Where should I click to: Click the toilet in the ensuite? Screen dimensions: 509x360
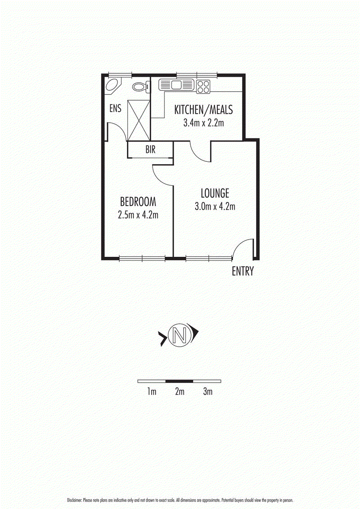pyautogui.click(x=140, y=87)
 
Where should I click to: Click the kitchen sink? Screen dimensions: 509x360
pyautogui.click(x=176, y=85)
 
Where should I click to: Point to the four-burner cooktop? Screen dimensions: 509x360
pyautogui.click(x=203, y=86)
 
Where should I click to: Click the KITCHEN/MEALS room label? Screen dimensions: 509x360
pyautogui.click(x=203, y=110)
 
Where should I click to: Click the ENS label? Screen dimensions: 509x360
pyautogui.click(x=116, y=109)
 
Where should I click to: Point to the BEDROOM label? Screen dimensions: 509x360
pyautogui.click(x=138, y=201)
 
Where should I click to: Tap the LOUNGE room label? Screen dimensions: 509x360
pyautogui.click(x=215, y=193)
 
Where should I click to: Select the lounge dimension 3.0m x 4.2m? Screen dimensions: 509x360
pyautogui.click(x=215, y=207)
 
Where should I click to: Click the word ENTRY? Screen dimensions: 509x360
pyautogui.click(x=243, y=272)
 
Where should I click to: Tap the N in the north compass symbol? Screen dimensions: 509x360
pyautogui.click(x=180, y=335)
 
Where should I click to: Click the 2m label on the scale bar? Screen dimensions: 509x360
pyautogui.click(x=180, y=392)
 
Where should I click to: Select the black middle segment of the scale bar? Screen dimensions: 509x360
pyautogui.click(x=180, y=381)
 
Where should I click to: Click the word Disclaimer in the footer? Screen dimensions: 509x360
pyautogui.click(x=74, y=500)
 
